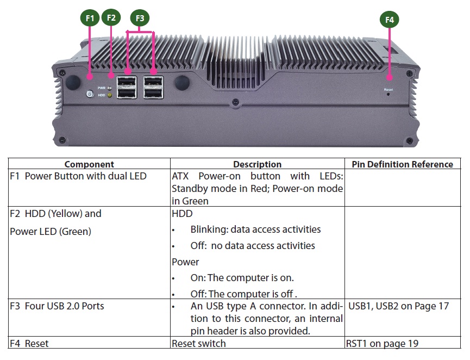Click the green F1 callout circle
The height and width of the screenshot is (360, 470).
click(90, 18)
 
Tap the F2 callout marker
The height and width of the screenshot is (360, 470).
click(111, 18)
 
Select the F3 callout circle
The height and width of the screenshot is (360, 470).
click(140, 18)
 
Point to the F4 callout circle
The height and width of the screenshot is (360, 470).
click(389, 20)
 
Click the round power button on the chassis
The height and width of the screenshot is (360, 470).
click(90, 94)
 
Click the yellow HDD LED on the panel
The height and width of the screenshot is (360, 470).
click(110, 95)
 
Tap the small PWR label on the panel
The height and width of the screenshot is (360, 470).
click(101, 88)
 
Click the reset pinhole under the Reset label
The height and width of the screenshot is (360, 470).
click(388, 94)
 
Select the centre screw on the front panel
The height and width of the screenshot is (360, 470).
click(235, 102)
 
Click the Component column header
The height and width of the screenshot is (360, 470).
click(89, 164)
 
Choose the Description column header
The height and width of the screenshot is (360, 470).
click(257, 164)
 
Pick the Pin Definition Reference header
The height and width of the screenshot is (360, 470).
click(402, 164)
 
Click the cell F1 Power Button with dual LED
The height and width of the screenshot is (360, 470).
click(78, 176)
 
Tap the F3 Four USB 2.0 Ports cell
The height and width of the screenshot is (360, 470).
click(57, 306)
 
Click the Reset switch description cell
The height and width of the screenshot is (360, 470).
click(198, 343)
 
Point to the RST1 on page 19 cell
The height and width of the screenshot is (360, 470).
click(382, 343)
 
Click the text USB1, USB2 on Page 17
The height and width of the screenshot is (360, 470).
click(399, 306)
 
